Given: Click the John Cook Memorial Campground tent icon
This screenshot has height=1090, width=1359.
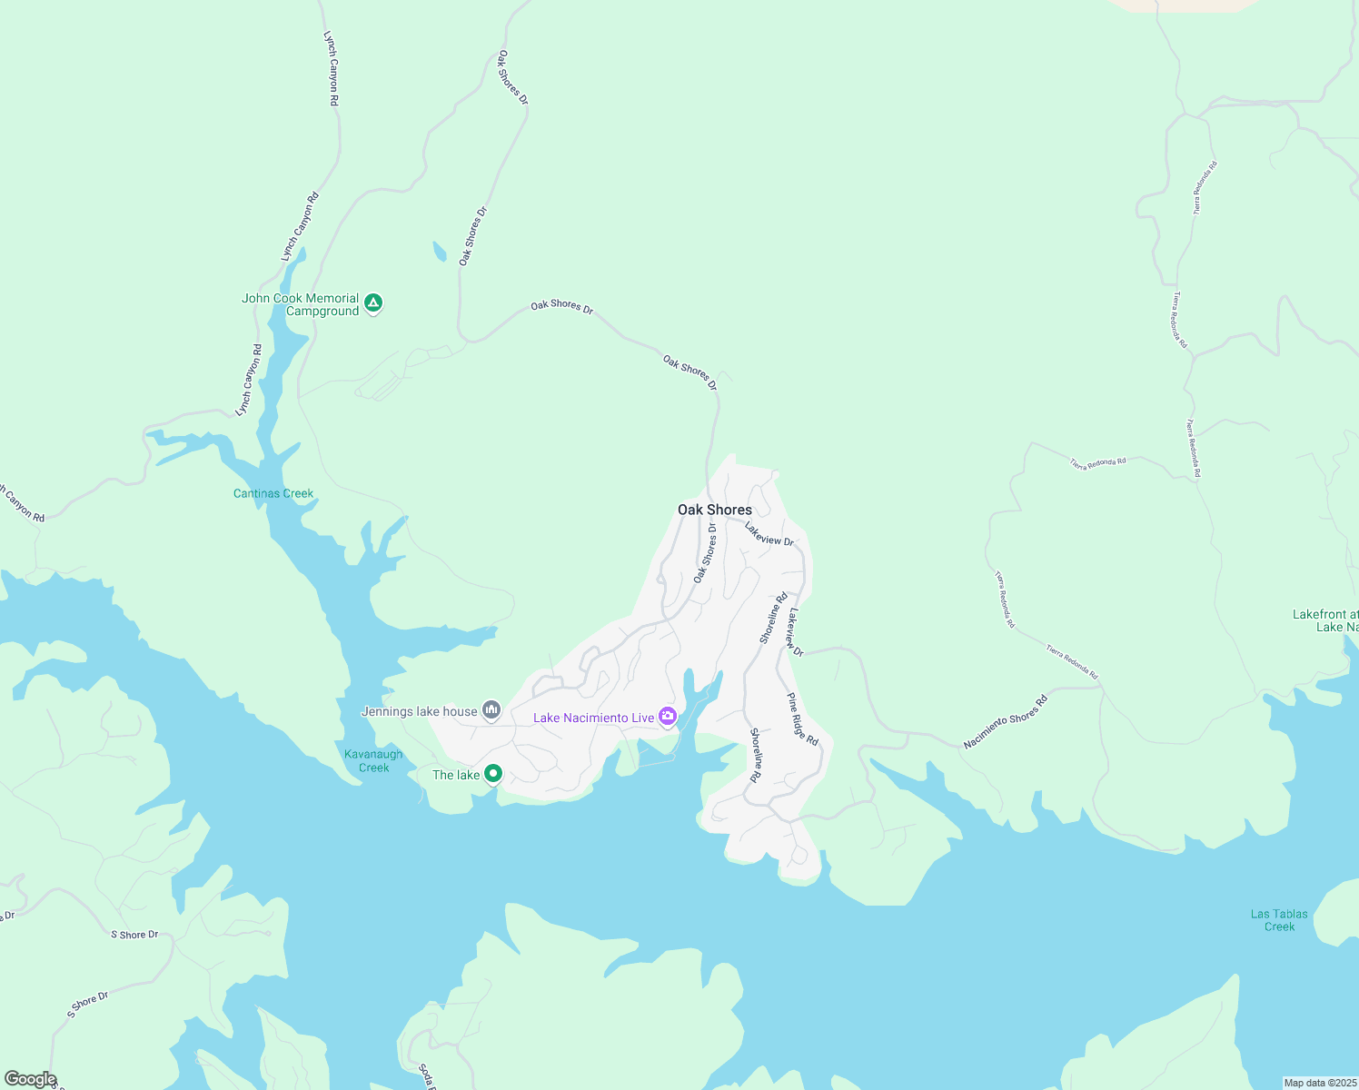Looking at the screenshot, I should [x=372, y=303].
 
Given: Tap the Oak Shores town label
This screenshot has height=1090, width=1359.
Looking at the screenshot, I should [x=715, y=510].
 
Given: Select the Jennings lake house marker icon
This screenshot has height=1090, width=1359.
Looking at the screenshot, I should [x=491, y=709].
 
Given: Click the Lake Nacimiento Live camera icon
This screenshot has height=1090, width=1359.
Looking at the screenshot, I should [x=668, y=717].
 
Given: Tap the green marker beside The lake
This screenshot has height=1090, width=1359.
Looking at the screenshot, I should [x=493, y=774].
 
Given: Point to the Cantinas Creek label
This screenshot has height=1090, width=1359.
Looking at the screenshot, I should [x=273, y=493].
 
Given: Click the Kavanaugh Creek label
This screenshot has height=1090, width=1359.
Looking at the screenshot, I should [x=373, y=761].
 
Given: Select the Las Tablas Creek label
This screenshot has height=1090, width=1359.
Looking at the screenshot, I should [x=1279, y=920].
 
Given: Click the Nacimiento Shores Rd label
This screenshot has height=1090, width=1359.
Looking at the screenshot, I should [x=1006, y=722].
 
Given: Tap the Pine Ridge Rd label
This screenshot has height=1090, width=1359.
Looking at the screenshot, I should [x=802, y=719].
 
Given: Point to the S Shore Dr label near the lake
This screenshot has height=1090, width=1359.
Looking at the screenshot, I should [x=134, y=935].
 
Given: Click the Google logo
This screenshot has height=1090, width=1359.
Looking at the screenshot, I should [x=30, y=1079].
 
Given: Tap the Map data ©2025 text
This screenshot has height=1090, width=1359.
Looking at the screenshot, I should [x=1319, y=1083].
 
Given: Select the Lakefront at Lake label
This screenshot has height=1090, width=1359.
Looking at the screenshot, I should [x=1325, y=621].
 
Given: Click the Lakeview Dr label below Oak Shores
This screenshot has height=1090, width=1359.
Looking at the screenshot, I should [x=769, y=534].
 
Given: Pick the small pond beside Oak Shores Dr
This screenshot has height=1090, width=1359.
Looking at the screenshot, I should [x=440, y=252].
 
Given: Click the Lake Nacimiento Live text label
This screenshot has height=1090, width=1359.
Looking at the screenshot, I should [x=593, y=718].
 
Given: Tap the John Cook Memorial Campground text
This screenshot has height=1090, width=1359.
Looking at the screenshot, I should [x=301, y=304].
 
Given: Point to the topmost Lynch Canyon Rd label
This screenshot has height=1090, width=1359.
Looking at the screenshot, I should [x=331, y=69].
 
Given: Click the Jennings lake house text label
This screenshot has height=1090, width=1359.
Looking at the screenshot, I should [x=420, y=711].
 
